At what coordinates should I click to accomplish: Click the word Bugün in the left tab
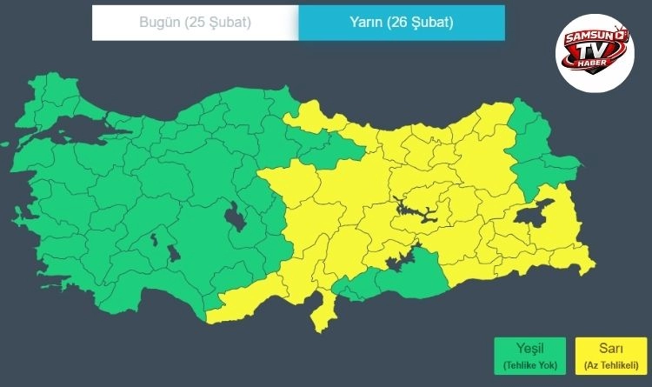point(158,23)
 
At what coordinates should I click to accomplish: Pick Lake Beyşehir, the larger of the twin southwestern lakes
point(173,253)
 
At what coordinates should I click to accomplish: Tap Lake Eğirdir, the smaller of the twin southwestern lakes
point(154,237)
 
